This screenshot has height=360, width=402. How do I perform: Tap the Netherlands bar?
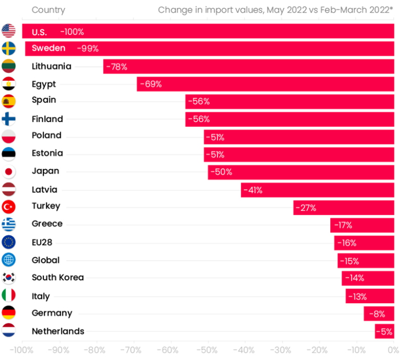(x=384, y=331)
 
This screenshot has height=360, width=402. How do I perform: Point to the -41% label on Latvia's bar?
(x=252, y=190)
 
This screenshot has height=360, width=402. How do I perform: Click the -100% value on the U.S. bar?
(x=72, y=31)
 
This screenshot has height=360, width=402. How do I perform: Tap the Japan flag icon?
(x=9, y=171)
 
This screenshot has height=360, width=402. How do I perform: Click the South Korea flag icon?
(x=9, y=277)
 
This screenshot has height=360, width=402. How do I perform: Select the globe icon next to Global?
(x=9, y=260)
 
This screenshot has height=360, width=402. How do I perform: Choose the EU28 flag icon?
(x=9, y=242)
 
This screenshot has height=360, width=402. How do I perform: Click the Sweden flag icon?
(x=9, y=49)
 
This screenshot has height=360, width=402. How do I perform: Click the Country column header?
(x=48, y=10)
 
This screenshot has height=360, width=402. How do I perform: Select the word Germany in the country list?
(x=51, y=313)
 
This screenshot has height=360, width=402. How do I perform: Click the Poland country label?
(x=46, y=136)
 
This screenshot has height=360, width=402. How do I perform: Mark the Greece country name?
(x=47, y=224)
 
